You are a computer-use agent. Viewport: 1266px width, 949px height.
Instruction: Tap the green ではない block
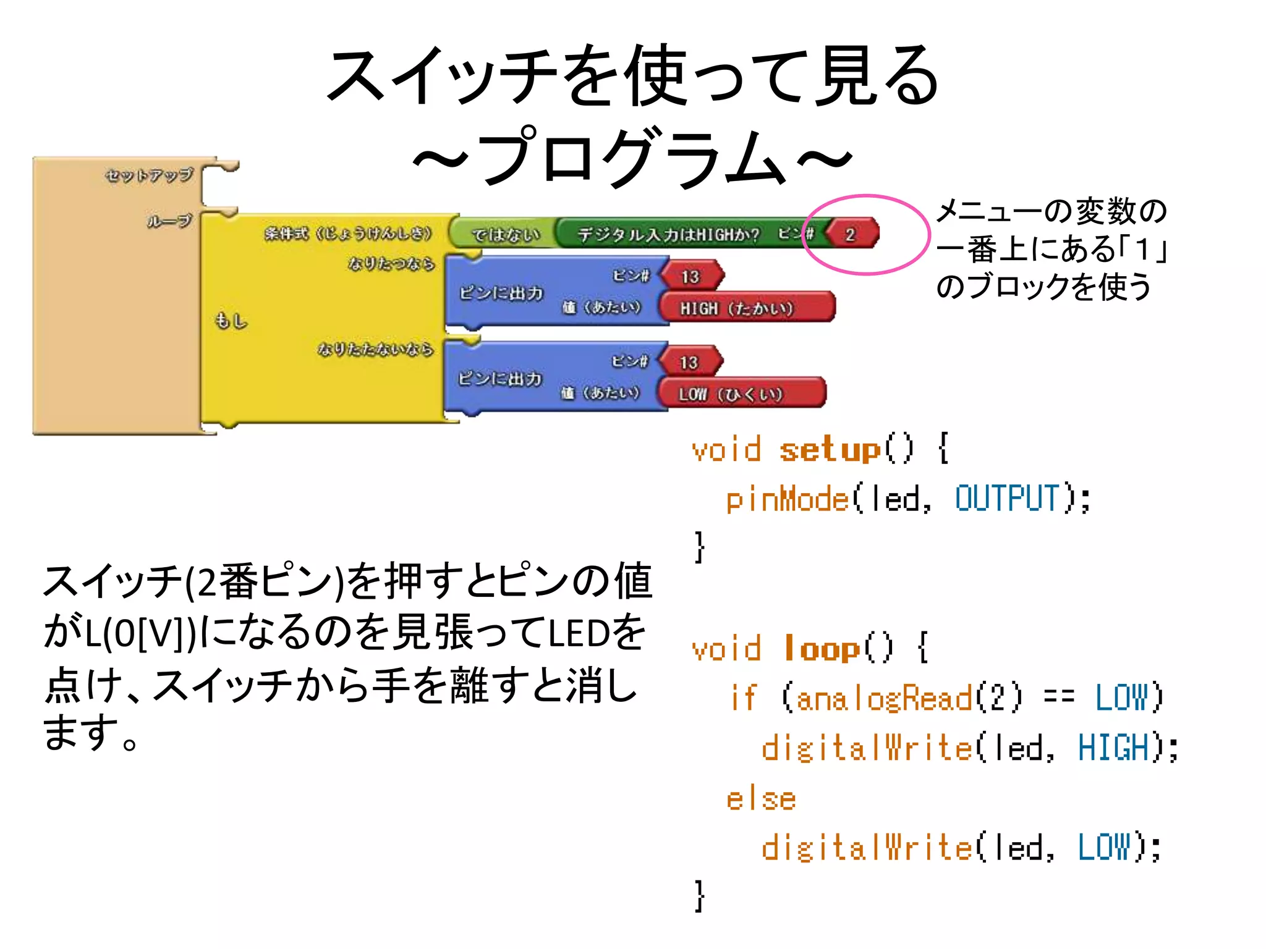(x=504, y=234)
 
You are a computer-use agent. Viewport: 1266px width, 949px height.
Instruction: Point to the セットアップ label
(x=149, y=175)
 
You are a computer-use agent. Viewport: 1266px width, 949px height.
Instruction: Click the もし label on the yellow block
(x=231, y=321)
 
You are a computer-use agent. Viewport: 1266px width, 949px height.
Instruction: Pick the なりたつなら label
(x=391, y=264)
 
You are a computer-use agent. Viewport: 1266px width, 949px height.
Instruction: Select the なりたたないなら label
(x=375, y=349)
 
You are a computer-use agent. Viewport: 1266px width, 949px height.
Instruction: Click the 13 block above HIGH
(x=690, y=276)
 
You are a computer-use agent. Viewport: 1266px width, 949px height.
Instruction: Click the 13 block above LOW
(x=689, y=362)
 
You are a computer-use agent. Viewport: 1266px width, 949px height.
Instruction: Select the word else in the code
(x=760, y=799)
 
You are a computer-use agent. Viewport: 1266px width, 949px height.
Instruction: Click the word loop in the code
(x=822, y=649)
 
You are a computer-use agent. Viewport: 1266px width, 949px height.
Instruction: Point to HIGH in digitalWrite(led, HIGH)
(x=1113, y=748)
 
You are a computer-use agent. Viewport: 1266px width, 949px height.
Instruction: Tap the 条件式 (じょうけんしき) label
(x=348, y=234)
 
